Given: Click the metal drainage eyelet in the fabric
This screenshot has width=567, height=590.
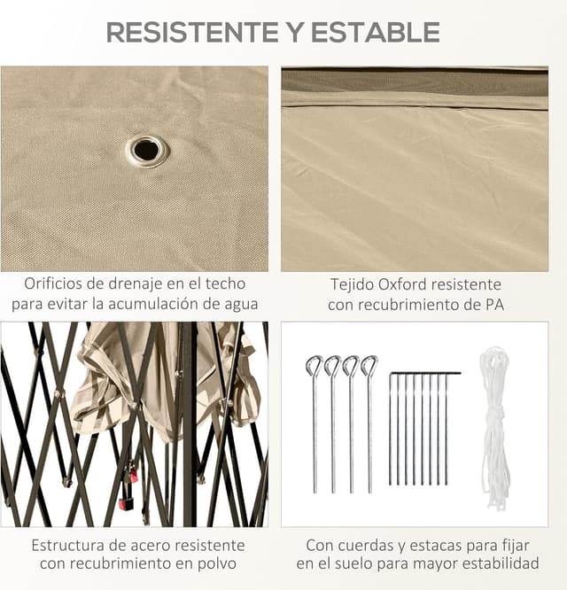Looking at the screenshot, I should coord(147,150).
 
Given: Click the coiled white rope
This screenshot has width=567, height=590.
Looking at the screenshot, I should coord(494,425).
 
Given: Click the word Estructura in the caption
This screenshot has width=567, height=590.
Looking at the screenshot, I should coord(69,545).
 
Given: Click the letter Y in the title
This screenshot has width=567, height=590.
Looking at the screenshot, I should coord(292,33).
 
